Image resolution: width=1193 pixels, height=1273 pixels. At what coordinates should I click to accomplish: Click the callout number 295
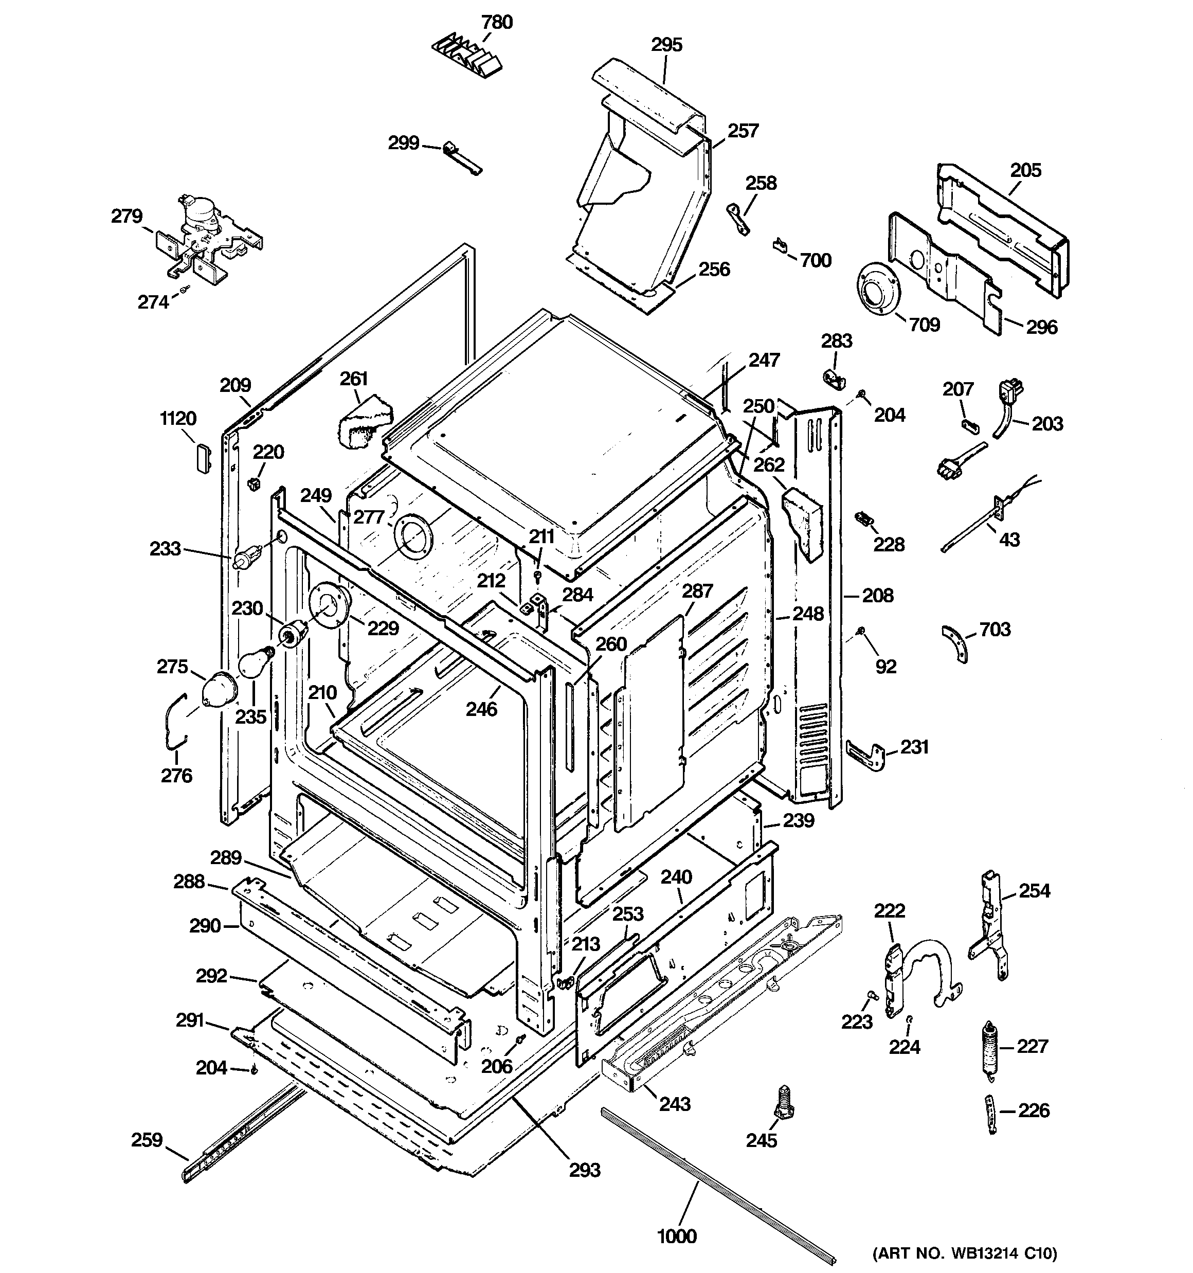coord(666,45)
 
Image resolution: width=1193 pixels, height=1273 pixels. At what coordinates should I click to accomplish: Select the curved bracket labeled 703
coord(955,643)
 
